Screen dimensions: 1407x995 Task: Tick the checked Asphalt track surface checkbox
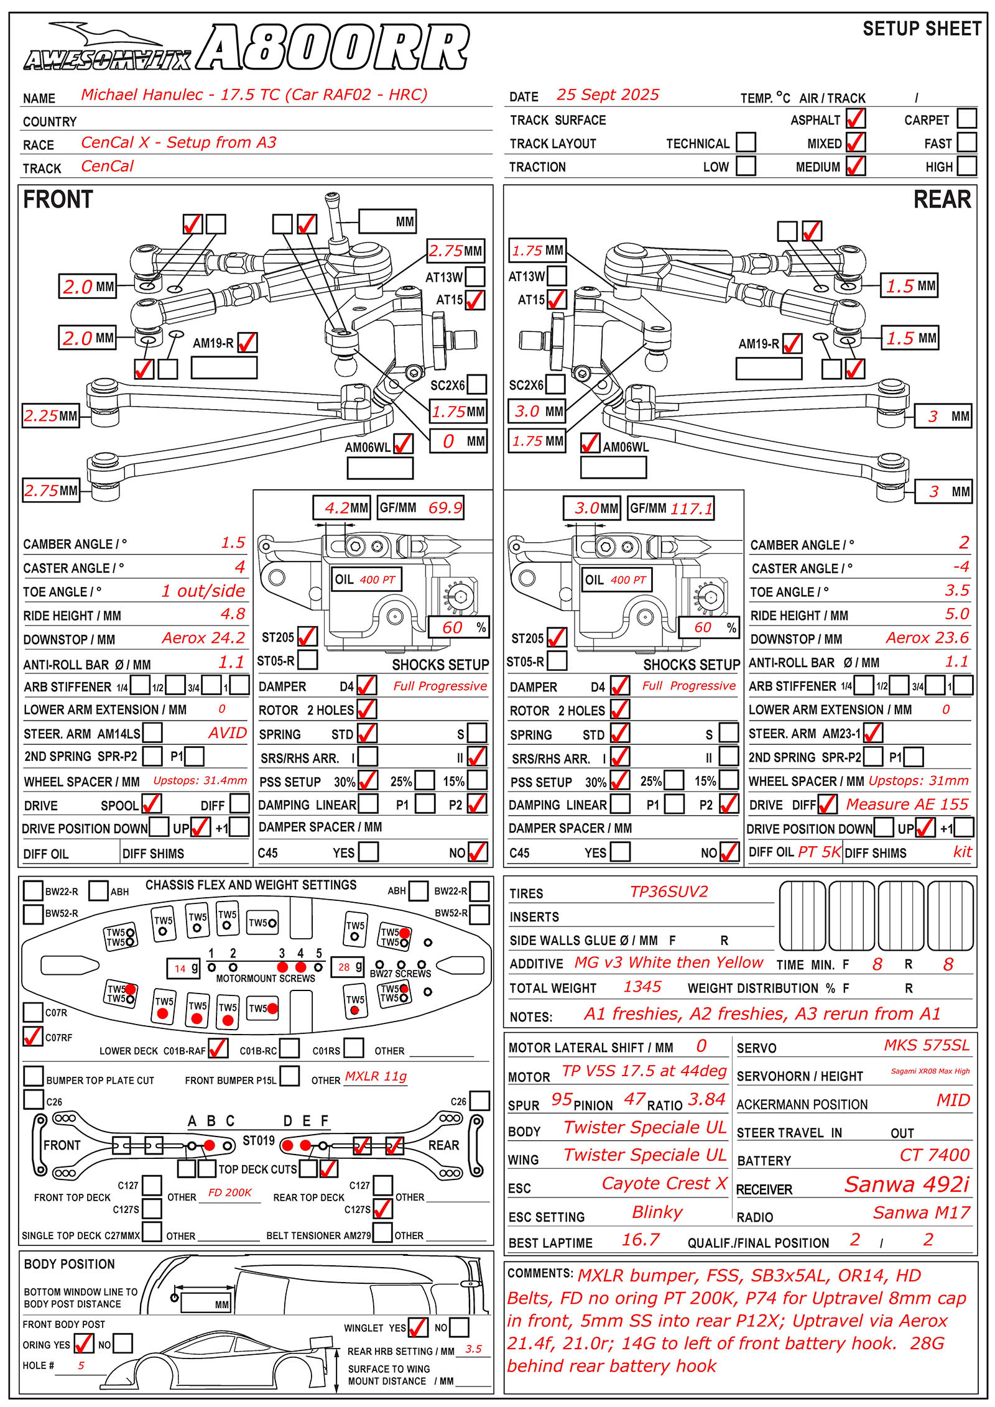pos(855,119)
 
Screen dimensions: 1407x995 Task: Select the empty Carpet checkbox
pos(966,118)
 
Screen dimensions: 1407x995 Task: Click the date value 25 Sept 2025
pos(607,95)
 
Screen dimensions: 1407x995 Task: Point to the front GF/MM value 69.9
pos(445,508)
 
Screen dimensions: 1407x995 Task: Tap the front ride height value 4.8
pos(233,614)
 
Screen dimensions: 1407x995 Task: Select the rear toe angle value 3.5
pos(956,590)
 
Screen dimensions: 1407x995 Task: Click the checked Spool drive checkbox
pos(151,804)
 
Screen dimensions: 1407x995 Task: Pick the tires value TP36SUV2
pos(669,892)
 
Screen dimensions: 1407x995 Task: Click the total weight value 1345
pos(642,987)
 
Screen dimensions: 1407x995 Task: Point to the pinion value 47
pos(634,1099)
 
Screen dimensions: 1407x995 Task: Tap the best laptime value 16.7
pos(641,1240)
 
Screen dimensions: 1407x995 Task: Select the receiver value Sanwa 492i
pos(906,1184)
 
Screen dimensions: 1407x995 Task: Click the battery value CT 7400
pos(934,1155)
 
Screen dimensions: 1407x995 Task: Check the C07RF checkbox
pos(32,1036)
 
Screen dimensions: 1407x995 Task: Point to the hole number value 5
pos(81,1365)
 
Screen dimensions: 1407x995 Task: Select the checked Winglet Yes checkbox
pos(417,1327)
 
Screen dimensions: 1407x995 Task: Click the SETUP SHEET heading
pos(921,29)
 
